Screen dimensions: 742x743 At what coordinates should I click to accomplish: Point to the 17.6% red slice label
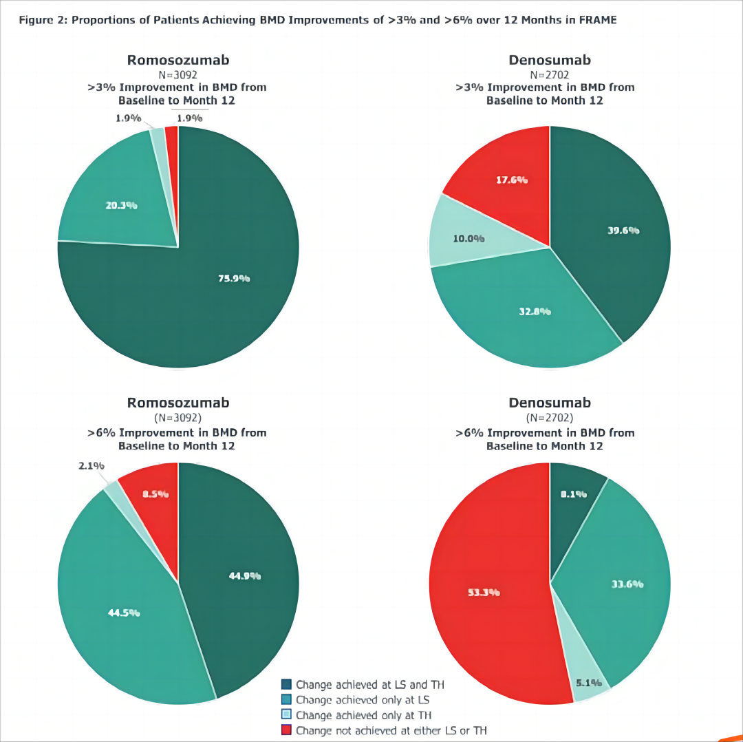(x=512, y=180)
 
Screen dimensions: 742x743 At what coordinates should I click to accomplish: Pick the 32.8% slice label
(x=535, y=311)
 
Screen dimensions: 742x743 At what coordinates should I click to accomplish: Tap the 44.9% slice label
(x=245, y=575)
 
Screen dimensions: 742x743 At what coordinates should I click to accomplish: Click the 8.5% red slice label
(x=155, y=494)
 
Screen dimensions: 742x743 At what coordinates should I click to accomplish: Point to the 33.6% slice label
(x=627, y=584)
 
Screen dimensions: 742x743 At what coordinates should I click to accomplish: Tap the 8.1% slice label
(x=572, y=494)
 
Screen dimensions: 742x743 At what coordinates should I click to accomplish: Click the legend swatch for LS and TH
(x=287, y=684)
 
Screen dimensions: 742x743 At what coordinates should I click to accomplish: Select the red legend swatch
(x=287, y=730)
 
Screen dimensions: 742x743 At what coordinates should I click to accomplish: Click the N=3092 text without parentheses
(x=178, y=74)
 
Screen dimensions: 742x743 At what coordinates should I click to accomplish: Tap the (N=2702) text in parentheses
(x=550, y=418)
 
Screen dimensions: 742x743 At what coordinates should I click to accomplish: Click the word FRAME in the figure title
(x=596, y=20)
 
